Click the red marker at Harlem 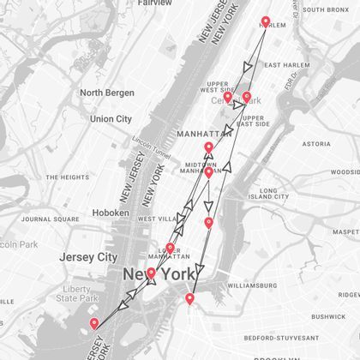(x=265, y=22)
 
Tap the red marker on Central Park (x=247, y=97)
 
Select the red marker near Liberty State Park (x=94, y=323)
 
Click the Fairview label (x=155, y=3)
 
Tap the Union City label (x=111, y=119)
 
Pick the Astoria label (x=316, y=144)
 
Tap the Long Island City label (x=280, y=194)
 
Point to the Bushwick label (x=328, y=316)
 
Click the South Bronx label (x=326, y=9)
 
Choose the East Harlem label (x=285, y=65)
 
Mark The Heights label (x=68, y=177)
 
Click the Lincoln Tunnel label (x=152, y=140)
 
